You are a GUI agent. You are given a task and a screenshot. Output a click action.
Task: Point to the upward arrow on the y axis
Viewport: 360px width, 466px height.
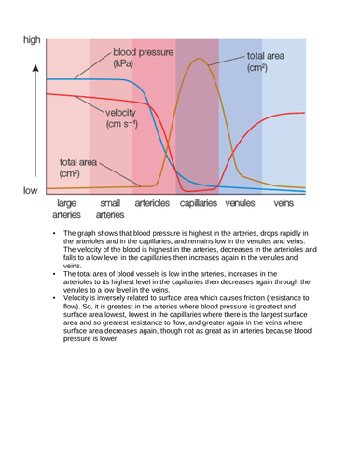(x=35, y=71)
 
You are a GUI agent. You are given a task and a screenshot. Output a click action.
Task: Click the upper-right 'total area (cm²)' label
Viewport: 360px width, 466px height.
(x=267, y=62)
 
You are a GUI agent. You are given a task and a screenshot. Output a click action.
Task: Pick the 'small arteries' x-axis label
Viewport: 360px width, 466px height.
(x=109, y=209)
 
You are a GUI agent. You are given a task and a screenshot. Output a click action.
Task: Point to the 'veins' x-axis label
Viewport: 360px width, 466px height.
(x=286, y=201)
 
